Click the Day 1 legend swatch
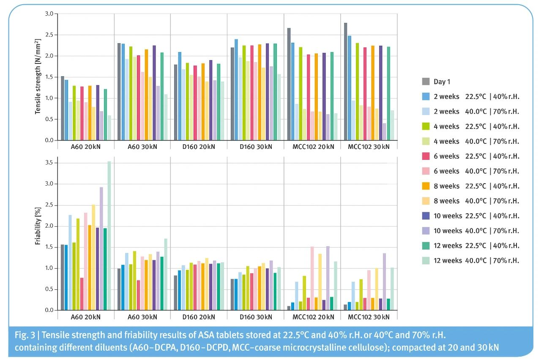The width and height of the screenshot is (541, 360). pyautogui.click(x=426, y=82)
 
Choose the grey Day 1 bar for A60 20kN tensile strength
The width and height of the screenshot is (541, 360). pyautogui.click(x=62, y=108)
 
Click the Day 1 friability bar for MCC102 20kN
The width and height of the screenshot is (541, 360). pyautogui.click(x=289, y=308)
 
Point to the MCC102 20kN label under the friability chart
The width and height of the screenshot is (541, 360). pyautogui.click(x=312, y=317)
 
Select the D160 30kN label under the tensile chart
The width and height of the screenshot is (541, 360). pyautogui.click(x=255, y=147)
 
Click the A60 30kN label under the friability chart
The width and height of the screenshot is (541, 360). pyautogui.click(x=142, y=317)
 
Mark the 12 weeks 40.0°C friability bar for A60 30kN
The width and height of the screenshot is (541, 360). pyautogui.click(x=166, y=274)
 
